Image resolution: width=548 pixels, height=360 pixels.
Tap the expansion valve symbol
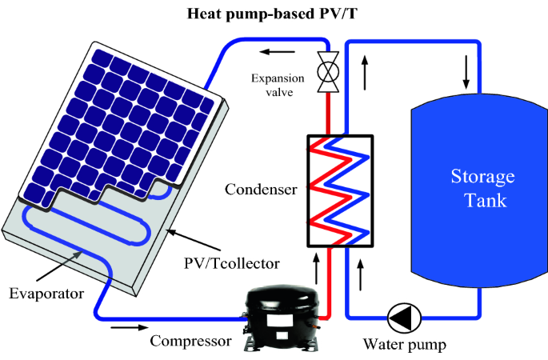pos(327,68)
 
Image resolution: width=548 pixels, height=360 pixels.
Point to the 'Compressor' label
pos(191,340)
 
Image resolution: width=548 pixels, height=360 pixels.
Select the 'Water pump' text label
pos(404,346)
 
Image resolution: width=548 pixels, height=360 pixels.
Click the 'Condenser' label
pos(261,190)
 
